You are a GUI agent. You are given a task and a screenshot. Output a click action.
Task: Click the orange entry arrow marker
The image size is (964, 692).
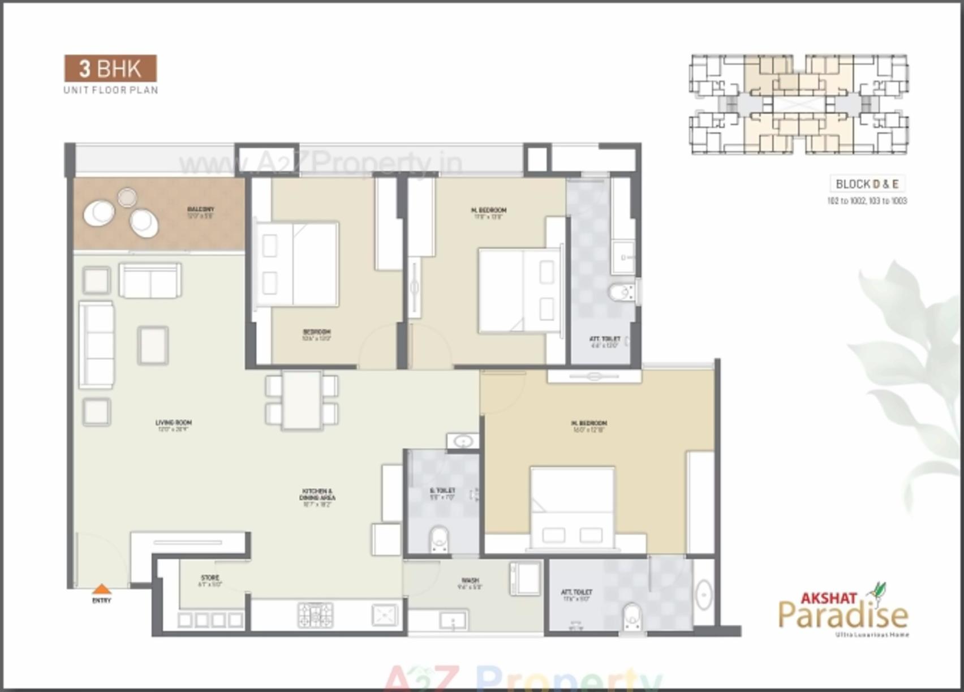(x=101, y=588)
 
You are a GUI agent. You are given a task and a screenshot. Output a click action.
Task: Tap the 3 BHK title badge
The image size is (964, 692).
(x=110, y=68)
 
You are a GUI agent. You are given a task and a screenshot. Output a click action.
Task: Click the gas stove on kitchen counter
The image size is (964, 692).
(x=316, y=614)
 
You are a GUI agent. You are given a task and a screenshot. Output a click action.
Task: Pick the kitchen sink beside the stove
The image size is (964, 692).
(x=385, y=614)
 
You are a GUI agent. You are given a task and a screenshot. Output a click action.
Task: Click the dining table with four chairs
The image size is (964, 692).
(x=302, y=400)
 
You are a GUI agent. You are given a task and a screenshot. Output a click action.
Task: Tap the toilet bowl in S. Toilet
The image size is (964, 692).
(x=439, y=539)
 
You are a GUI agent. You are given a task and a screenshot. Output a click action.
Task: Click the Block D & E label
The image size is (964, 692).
(x=867, y=184)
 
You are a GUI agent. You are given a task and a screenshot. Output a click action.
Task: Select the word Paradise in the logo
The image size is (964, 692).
(x=843, y=615)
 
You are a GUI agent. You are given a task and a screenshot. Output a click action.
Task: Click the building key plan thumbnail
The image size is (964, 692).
(x=799, y=105)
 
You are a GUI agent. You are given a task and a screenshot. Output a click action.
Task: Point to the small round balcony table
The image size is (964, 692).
(x=127, y=197)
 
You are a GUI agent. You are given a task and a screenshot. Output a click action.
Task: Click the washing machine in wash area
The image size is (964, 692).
(x=524, y=578)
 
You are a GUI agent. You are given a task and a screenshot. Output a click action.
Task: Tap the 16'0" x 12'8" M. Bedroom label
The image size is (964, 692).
(x=589, y=426)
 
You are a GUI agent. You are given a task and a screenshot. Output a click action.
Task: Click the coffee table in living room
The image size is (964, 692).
(x=153, y=345)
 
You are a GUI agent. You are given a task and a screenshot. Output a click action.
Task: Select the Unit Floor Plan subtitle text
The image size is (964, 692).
(x=111, y=90)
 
